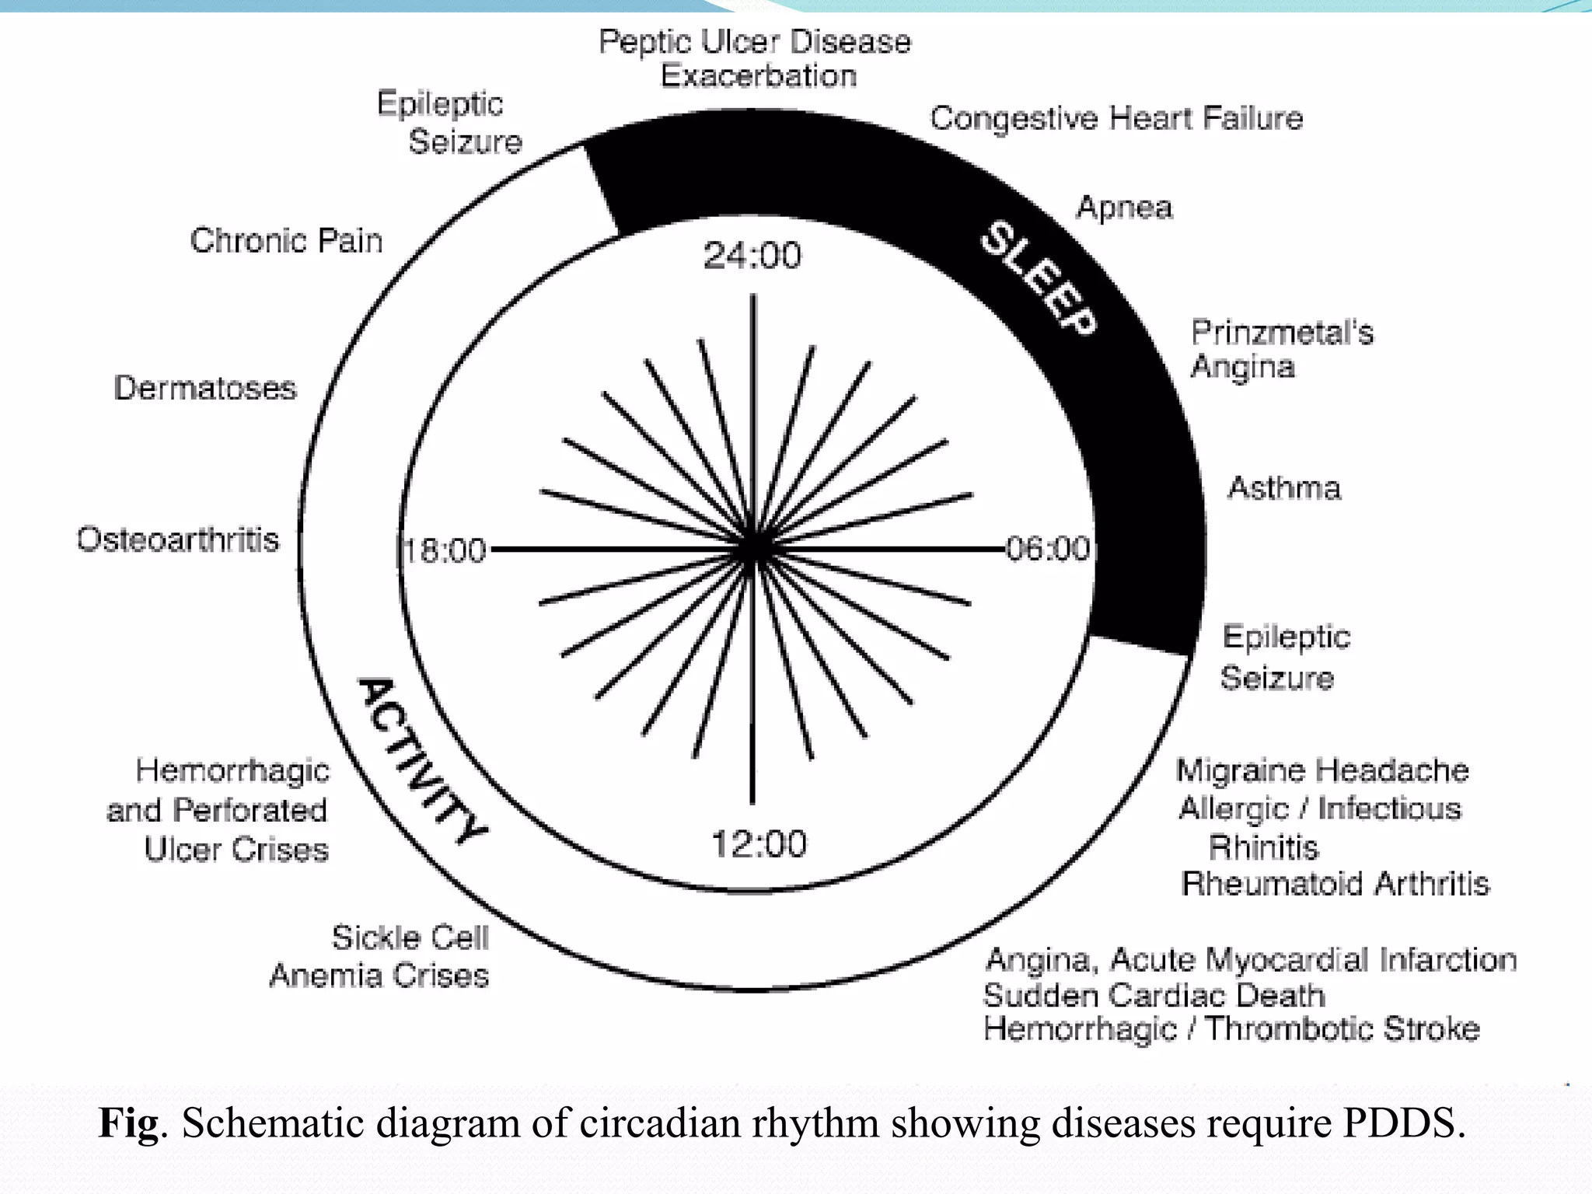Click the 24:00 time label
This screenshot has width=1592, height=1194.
tap(752, 256)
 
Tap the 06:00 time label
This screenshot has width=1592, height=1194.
tap(1048, 549)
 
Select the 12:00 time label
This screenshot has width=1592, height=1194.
tap(759, 844)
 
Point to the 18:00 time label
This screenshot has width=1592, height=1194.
tap(445, 550)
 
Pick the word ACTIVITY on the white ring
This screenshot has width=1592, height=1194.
tap(421, 760)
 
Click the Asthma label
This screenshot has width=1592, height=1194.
tap(1284, 488)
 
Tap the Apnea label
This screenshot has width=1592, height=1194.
tap(1124, 208)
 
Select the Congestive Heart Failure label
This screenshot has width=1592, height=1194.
tap(1116, 118)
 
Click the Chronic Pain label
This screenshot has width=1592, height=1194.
tap(286, 241)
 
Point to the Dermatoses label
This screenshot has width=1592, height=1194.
tap(205, 388)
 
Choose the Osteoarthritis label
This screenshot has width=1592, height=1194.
tap(177, 539)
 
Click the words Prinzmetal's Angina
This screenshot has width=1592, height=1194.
tap(1281, 349)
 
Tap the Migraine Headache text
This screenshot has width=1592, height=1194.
tap(1321, 770)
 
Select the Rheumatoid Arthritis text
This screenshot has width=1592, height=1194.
tap(1335, 884)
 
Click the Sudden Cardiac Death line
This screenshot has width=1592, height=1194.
tap(1154, 995)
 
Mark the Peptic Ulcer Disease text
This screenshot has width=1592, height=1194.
tap(754, 42)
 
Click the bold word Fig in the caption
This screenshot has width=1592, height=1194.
tap(128, 1123)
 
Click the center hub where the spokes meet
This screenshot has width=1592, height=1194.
tap(752, 549)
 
